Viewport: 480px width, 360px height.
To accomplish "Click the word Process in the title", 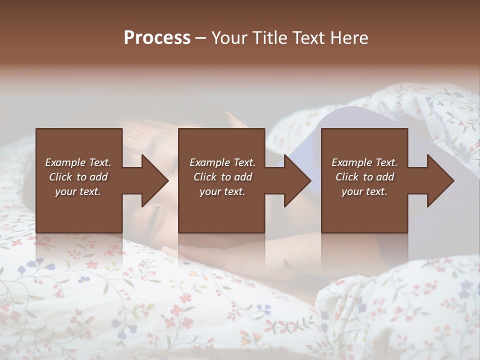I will click(x=157, y=38).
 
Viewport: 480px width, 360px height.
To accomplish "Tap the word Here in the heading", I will click(x=350, y=38).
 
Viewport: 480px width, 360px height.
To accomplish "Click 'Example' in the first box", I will click(x=64, y=162).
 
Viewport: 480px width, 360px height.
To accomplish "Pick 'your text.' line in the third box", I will click(x=364, y=191).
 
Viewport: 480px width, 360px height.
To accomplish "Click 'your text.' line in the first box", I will click(x=78, y=191).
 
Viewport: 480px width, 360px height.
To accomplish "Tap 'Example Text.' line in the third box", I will click(x=364, y=162).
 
